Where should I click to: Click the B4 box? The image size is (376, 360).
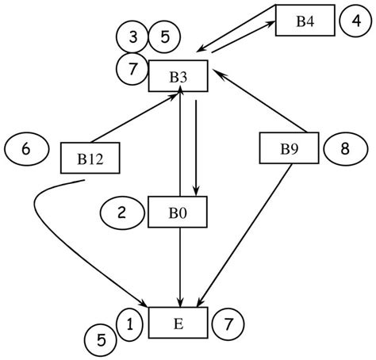[305, 21]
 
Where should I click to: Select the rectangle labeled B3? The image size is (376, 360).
[178, 76]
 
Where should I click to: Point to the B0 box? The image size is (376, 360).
[178, 212]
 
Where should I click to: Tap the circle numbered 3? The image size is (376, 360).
[132, 36]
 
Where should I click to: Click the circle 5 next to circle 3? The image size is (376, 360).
[165, 36]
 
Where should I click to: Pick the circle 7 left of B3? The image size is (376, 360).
[132, 68]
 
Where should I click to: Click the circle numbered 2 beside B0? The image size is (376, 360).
[121, 212]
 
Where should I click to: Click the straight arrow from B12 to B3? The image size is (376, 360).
[135, 117]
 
